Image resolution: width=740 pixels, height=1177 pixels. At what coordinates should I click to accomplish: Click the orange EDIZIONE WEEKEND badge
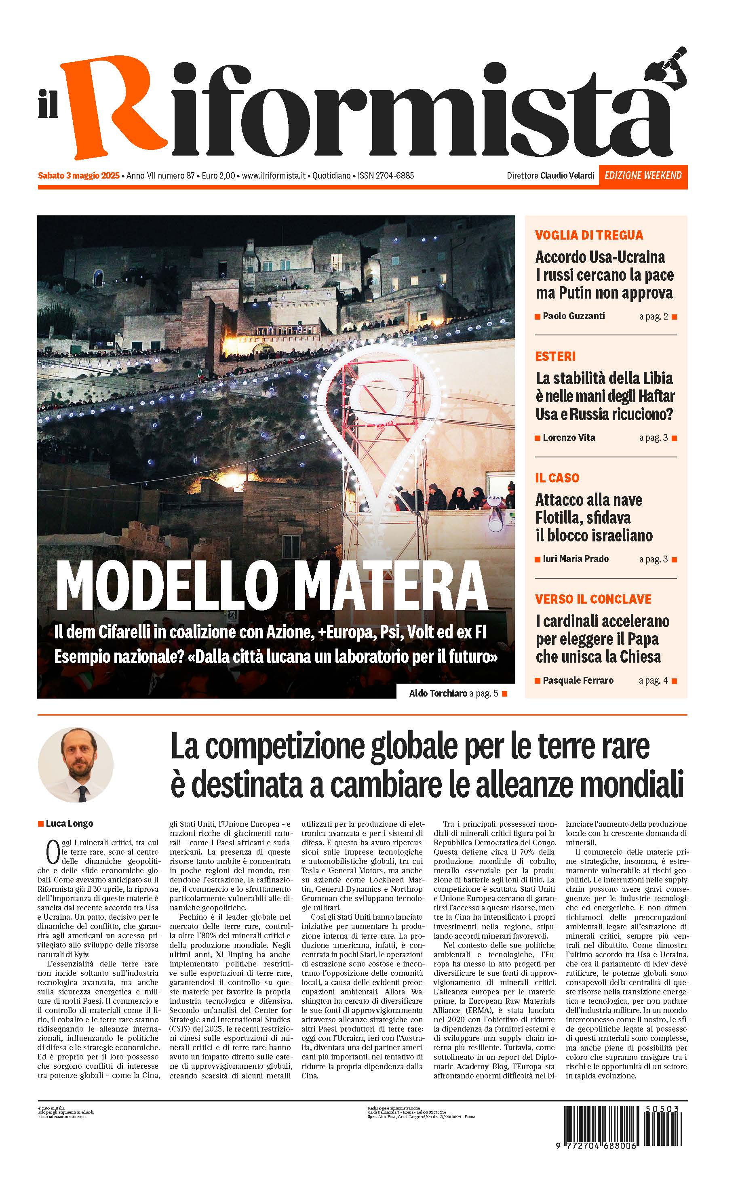643,175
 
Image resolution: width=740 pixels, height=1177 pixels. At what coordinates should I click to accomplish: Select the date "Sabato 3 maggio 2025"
79,175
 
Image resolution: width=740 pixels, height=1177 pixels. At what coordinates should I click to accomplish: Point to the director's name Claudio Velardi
567,175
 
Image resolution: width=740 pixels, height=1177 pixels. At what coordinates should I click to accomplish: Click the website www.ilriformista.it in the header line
274,175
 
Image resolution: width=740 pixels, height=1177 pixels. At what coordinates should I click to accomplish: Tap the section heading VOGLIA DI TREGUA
588,235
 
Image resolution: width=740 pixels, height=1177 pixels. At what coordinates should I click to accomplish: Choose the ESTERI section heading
555,356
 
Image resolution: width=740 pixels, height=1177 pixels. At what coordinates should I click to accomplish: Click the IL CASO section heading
557,478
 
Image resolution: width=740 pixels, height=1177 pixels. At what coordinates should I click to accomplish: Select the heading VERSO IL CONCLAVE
593,599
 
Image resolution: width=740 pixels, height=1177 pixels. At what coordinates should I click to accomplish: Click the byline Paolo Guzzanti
573,316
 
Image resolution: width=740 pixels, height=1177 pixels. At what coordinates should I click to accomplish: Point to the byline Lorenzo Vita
569,438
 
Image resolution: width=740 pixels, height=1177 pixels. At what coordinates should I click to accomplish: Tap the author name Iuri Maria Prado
575,559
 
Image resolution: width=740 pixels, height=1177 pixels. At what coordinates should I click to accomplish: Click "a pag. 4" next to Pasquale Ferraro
653,680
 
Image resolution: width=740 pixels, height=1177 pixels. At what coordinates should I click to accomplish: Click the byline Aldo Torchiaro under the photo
438,693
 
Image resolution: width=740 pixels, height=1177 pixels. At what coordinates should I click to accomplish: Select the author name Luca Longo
69,823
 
